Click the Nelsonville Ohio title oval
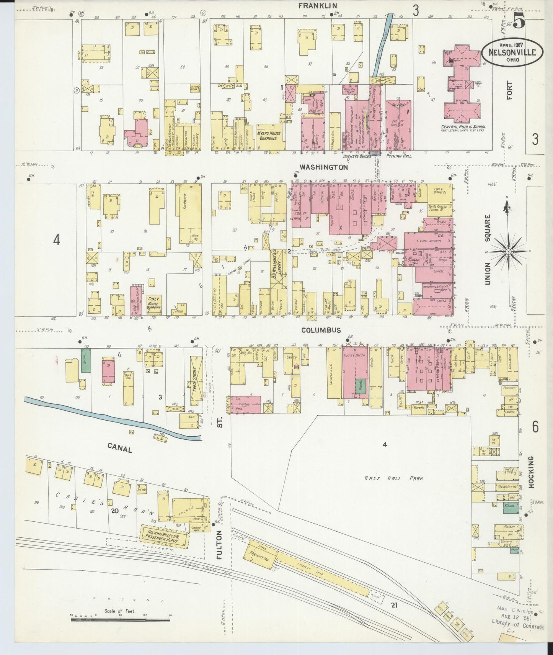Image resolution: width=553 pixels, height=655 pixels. [x=512, y=53]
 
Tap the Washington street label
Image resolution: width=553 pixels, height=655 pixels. [x=324, y=167]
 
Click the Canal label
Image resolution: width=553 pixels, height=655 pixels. [x=120, y=447]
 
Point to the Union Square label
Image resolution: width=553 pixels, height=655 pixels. [x=488, y=249]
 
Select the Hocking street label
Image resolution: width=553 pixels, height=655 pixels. [x=531, y=472]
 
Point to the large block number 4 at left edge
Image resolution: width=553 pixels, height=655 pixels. [x=57, y=240]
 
